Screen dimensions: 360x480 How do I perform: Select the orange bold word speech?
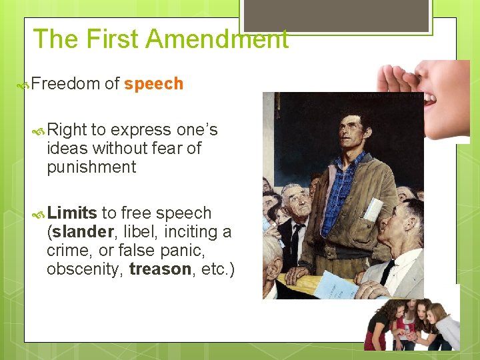click(153, 84)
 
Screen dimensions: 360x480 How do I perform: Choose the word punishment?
click(91, 167)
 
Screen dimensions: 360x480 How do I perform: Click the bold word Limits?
click(73, 213)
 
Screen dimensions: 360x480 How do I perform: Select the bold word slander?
click(83, 232)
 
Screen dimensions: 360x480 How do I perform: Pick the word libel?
click(135, 232)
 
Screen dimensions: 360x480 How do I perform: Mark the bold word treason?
click(161, 269)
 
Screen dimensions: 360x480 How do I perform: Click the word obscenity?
click(84, 269)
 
